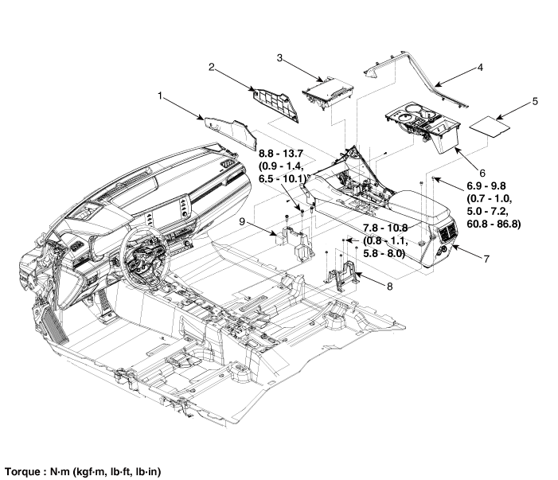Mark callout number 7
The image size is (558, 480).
[x=487, y=260]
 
